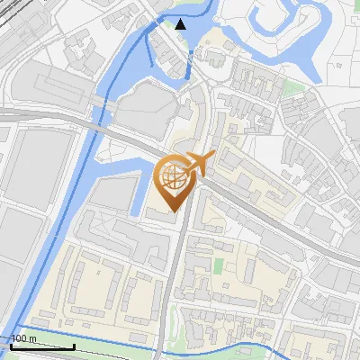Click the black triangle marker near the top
(181, 23)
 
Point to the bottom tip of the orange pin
(174, 211)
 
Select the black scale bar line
(41, 346)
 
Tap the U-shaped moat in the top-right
(297, 45)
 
